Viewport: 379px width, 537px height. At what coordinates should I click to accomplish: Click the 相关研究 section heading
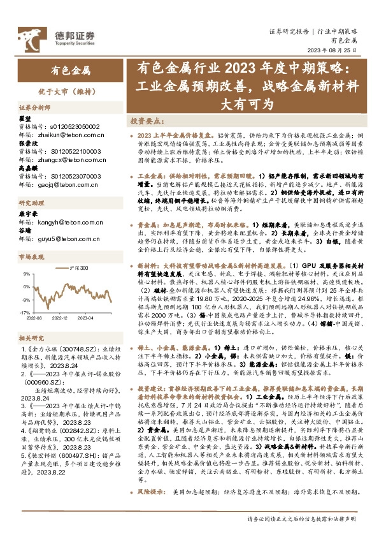coord(30,337)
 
